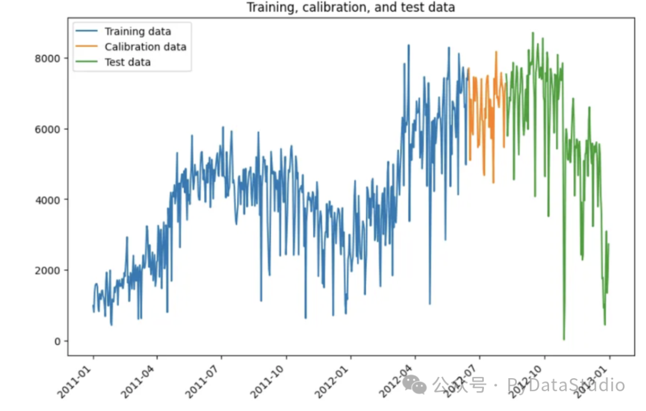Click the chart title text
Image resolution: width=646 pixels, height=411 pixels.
351,8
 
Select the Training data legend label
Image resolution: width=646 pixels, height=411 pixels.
138,32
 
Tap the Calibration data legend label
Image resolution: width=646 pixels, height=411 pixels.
145,47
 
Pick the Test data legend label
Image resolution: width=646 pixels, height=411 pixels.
127,62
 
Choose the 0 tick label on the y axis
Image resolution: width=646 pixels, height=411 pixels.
57,341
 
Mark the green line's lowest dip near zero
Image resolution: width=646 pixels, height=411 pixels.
563,339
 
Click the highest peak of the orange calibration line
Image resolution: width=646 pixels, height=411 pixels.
496,52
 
